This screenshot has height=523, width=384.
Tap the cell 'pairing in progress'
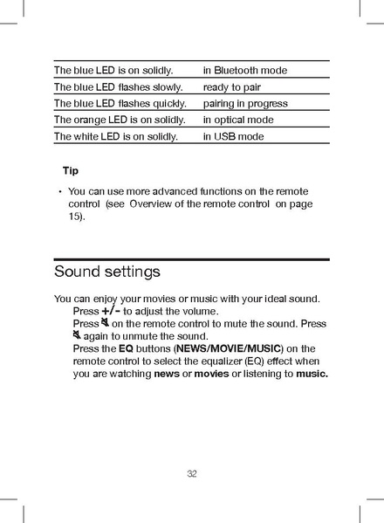coord(245,104)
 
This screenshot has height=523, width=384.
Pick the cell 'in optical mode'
coord(238,120)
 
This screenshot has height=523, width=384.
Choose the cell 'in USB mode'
coord(234,136)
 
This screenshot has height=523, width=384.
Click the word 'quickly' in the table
coord(170,104)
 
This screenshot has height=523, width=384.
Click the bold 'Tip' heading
coord(70,170)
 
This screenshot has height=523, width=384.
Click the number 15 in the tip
coord(74,215)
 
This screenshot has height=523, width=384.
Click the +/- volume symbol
coord(111,311)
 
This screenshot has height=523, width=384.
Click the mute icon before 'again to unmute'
coord(77,336)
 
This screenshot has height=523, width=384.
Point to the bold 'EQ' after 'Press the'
coord(126,348)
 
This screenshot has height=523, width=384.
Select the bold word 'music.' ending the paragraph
coord(312,374)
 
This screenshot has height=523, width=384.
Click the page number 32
coord(192,474)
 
